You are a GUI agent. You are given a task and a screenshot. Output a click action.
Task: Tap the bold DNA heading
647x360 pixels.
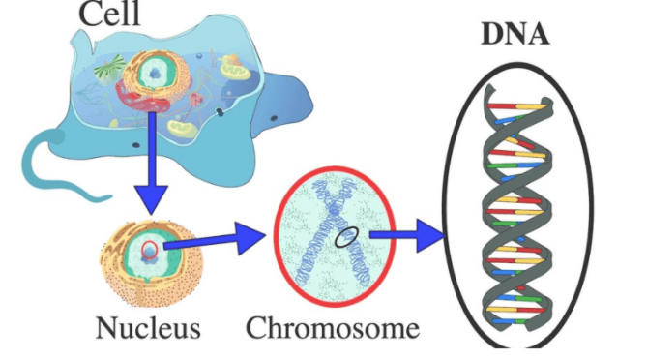(x=515, y=33)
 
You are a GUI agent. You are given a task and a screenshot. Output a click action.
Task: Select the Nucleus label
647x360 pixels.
(x=148, y=328)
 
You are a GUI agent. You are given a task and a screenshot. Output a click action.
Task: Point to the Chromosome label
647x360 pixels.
(x=333, y=328)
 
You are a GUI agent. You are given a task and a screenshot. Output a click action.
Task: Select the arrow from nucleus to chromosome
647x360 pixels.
(x=215, y=239)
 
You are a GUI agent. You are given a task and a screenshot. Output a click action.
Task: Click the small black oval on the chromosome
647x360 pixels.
(x=346, y=237)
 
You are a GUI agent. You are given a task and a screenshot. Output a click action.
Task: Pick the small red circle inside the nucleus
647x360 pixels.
(x=149, y=250)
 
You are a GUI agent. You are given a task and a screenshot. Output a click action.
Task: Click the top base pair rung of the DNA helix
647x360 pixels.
(x=516, y=106)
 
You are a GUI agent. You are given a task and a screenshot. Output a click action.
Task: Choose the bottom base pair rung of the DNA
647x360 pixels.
(x=511, y=321)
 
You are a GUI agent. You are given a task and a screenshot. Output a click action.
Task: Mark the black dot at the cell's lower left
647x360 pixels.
(x=135, y=145)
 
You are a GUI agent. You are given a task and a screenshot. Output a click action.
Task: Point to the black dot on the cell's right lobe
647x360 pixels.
(x=274, y=118)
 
